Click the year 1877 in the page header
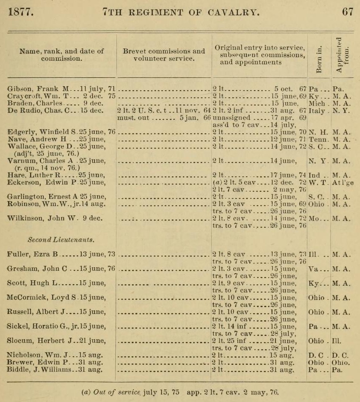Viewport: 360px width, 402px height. click(x=21, y=12)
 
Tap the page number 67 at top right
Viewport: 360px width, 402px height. click(x=348, y=12)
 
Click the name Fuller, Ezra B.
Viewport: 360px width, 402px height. click(x=33, y=255)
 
